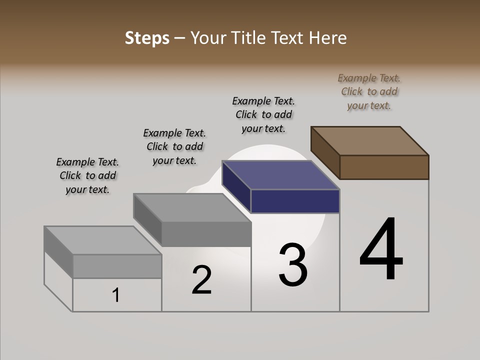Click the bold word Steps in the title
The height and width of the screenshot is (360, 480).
(146, 38)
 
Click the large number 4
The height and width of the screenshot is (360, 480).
(381, 250)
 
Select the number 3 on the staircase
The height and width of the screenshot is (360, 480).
(293, 265)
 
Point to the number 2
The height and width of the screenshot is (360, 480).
(201, 280)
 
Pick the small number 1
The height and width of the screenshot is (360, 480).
(116, 295)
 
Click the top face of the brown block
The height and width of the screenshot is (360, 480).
(370, 140)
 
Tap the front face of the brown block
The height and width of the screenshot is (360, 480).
(384, 167)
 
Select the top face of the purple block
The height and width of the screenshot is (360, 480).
(281, 175)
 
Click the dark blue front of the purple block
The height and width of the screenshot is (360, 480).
(295, 201)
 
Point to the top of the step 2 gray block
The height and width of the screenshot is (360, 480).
(192, 207)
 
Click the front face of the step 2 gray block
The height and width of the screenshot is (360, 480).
(206, 234)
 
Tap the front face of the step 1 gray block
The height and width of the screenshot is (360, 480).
(117, 266)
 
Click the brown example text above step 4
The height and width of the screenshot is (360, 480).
(369, 92)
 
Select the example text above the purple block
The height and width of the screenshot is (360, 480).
(263, 115)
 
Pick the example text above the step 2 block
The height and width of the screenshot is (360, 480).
(174, 147)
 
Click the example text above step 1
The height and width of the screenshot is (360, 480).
(87, 176)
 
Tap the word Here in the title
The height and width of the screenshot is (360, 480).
(328, 38)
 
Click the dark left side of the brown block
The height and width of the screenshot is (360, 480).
(325, 152)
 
